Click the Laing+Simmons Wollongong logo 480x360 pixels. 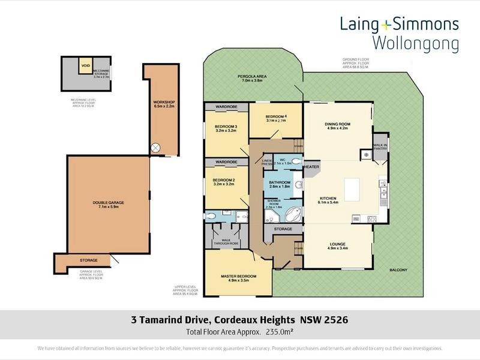click(x=399, y=33)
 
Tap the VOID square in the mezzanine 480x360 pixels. click(x=86, y=65)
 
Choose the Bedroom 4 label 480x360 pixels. click(x=275, y=116)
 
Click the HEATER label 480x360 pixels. click(x=311, y=167)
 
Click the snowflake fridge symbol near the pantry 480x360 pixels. click(x=364, y=154)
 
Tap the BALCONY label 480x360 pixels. click(x=397, y=270)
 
